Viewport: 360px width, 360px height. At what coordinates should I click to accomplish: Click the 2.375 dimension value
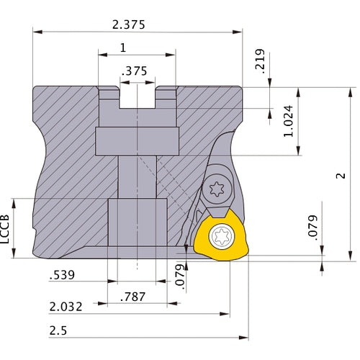(x=129, y=24)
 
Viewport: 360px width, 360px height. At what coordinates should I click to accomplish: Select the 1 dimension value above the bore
(x=123, y=48)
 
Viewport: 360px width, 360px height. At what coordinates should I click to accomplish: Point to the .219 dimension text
(x=261, y=61)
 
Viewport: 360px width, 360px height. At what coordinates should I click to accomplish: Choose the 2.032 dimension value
(x=66, y=306)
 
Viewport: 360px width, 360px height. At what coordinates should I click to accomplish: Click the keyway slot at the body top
(x=137, y=96)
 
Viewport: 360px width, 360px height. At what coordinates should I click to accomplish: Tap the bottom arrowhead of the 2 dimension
(x=351, y=256)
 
